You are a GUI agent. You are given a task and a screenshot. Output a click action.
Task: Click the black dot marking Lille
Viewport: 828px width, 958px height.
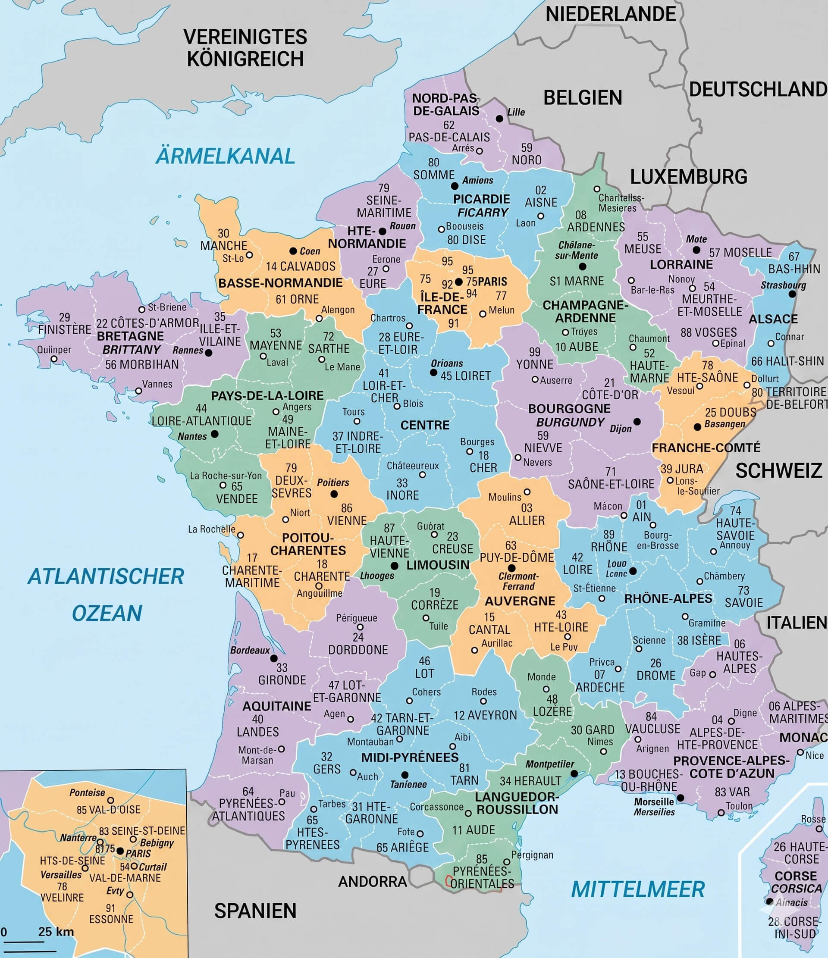[499, 119]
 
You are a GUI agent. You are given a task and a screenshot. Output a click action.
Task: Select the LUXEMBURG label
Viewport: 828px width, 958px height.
[688, 177]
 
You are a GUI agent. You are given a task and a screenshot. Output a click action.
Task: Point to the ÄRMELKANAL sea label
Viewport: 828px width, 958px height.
[225, 156]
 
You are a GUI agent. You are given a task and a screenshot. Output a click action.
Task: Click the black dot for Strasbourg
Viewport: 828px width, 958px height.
[792, 294]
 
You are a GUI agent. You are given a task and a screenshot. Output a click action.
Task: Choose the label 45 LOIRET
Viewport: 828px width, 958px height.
[465, 376]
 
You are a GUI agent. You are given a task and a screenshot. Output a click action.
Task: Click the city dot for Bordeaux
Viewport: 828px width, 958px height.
[274, 658]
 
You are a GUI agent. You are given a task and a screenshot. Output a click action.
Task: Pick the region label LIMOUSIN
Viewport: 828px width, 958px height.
[438, 565]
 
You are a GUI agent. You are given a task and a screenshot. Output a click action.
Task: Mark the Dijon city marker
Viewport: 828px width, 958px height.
[637, 422]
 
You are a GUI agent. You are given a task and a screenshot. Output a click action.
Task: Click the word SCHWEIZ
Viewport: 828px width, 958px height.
[778, 471]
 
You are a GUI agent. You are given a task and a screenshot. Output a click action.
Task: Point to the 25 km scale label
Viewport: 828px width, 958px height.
[56, 931]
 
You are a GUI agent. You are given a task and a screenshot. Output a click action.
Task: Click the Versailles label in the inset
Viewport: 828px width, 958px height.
[61, 875]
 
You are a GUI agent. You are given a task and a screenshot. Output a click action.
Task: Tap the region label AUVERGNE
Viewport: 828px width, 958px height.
[520, 601]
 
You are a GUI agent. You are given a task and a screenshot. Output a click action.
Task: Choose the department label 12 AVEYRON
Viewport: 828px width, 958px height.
[485, 715]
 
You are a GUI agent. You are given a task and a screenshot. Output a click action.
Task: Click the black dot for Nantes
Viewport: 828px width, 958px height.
[215, 434]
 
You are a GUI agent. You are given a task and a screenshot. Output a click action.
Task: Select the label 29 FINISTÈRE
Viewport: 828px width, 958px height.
[64, 324]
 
